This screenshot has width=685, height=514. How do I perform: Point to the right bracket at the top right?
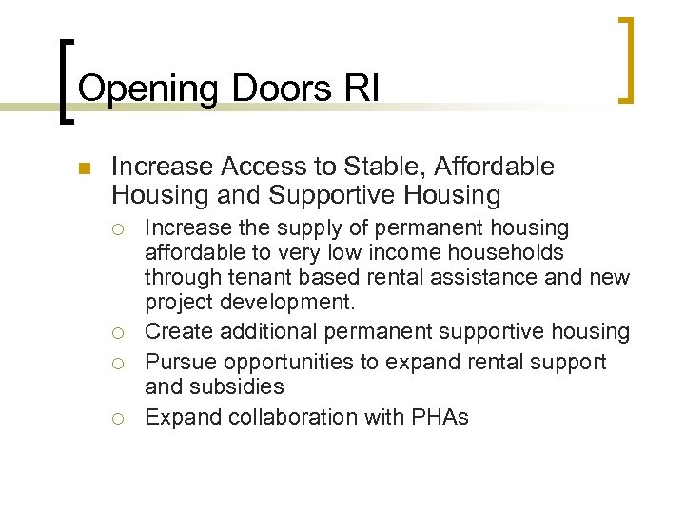click(626, 59)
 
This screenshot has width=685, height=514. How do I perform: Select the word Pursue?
click(179, 363)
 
